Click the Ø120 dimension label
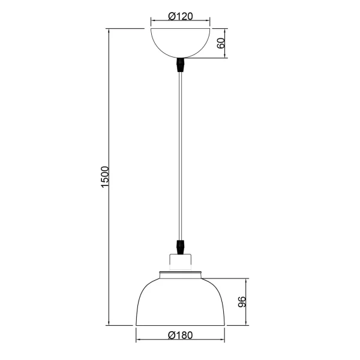pos(180,17)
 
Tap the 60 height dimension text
pos(220,43)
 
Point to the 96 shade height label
pos(242,302)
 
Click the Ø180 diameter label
pos(180,335)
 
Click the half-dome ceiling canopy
pos(180,41)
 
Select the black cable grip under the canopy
pos(180,64)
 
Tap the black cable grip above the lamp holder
pos(180,246)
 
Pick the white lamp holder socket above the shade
pos(180,262)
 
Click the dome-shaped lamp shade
pos(180,300)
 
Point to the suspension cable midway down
pos(180,156)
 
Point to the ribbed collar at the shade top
pos(180,275)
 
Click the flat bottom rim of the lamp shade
pos(180,326)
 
